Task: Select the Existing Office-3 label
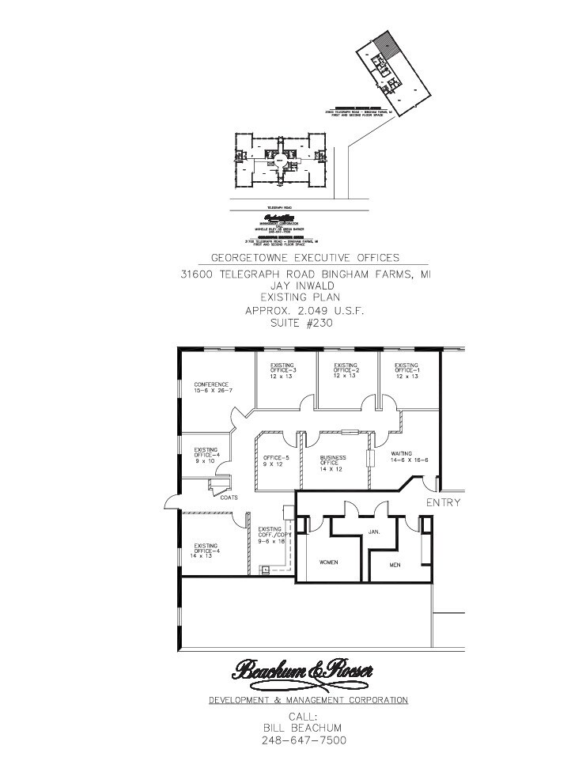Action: point(282,370)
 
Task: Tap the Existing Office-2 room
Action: point(346,370)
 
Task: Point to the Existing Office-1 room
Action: point(407,370)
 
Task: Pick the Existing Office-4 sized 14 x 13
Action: point(206,551)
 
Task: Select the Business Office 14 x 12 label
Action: point(334,464)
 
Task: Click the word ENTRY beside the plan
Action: point(443,502)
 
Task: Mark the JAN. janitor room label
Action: point(374,532)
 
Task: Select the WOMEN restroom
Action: point(329,562)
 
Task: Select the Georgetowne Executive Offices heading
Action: point(304,258)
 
